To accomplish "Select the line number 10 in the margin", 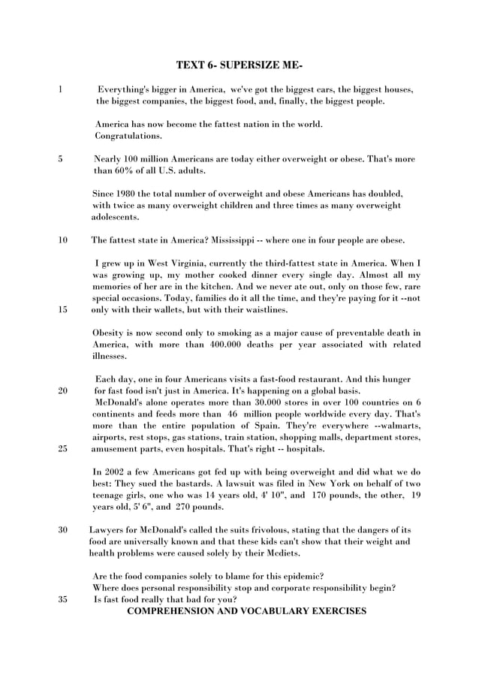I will (62, 240).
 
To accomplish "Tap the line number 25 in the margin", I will (62, 449).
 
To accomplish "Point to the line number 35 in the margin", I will (62, 599).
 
